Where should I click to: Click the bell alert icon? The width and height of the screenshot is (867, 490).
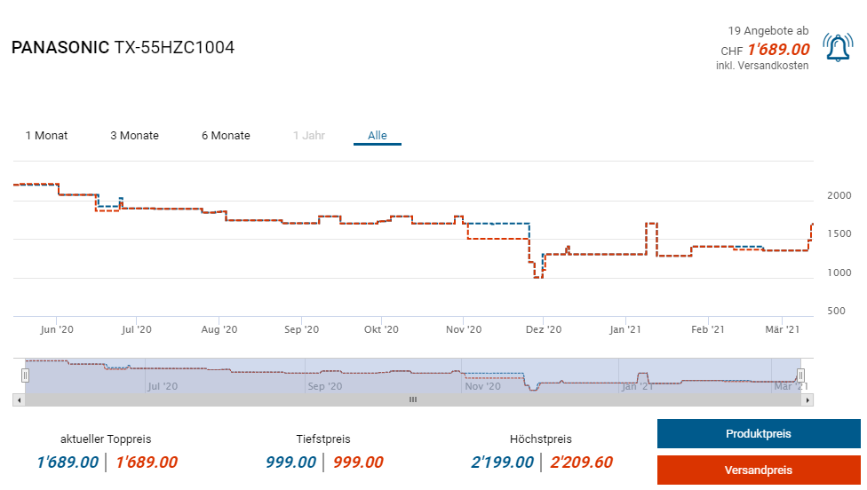point(839,48)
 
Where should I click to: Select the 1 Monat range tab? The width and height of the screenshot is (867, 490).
point(46,136)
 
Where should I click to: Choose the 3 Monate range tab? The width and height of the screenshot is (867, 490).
point(134,136)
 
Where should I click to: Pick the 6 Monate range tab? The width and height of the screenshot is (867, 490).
point(226,136)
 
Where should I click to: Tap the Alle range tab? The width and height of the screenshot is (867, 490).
point(378,136)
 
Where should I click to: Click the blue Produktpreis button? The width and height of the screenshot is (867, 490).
point(759,434)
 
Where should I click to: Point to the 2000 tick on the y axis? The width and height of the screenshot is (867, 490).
point(839,195)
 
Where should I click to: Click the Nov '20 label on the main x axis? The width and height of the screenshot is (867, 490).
point(463,329)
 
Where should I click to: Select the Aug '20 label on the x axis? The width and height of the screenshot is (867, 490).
point(219,329)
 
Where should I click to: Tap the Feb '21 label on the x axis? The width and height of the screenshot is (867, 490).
point(707,329)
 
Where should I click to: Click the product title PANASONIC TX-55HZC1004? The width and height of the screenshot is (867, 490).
point(123,48)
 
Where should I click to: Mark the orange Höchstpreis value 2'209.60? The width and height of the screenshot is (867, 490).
point(581,462)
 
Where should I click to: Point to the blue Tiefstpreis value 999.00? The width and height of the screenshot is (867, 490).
point(290,462)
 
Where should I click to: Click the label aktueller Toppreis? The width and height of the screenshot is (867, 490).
point(106,439)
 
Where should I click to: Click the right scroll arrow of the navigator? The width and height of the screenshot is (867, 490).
point(807,400)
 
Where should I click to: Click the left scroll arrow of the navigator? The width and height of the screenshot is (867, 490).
point(19,400)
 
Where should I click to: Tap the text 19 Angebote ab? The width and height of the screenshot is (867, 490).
point(768,31)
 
